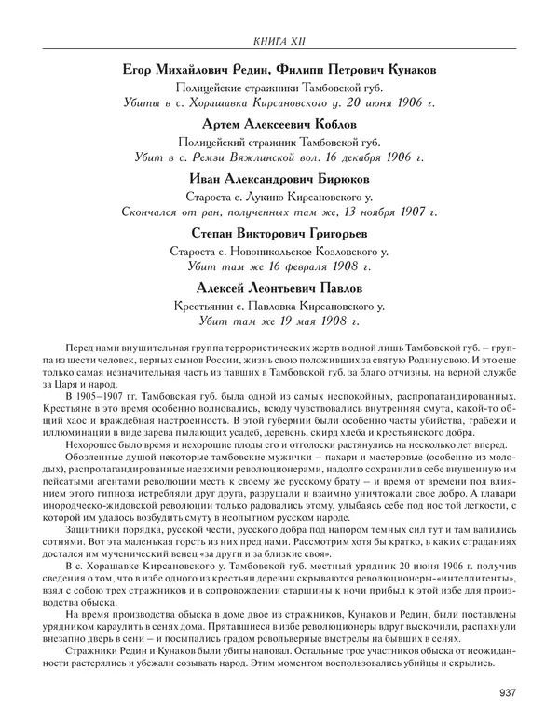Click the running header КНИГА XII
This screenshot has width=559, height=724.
[x=279, y=38]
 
